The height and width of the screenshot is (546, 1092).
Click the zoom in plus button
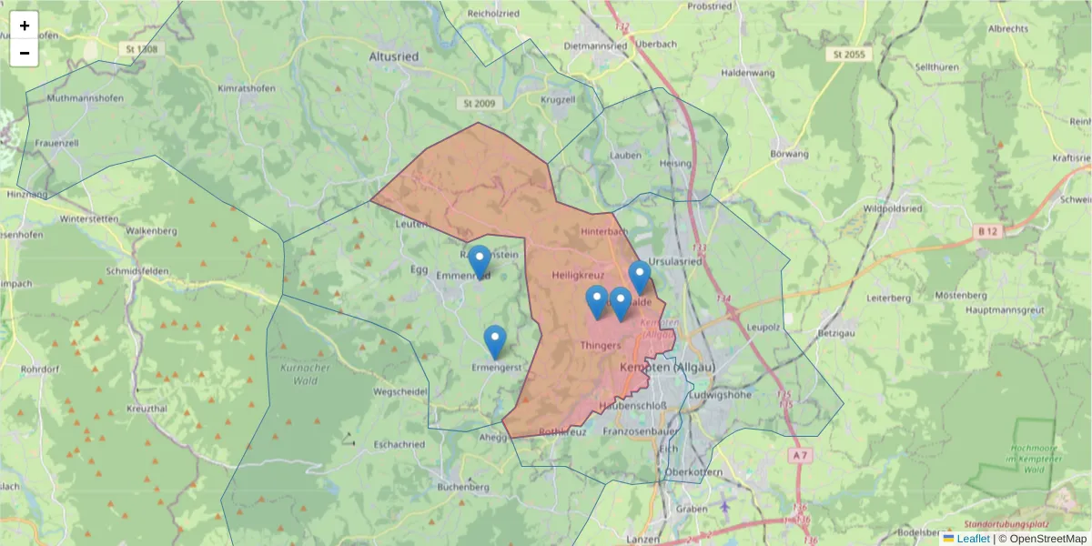pyautogui.click(x=25, y=25)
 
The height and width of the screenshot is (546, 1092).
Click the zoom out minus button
pyautogui.click(x=25, y=53)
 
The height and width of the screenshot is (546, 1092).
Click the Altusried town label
pyautogui.click(x=394, y=56)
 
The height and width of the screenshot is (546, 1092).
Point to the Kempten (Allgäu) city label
pyautogui.click(x=667, y=367)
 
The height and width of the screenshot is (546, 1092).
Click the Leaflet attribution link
pyautogui.click(x=973, y=539)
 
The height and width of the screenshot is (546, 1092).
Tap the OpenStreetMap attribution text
pyautogui.click(x=1042, y=539)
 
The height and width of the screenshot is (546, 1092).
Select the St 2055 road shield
pyautogui.click(x=848, y=55)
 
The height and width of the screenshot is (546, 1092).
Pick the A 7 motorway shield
pyautogui.click(x=799, y=454)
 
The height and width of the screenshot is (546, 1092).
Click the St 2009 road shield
pyautogui.click(x=478, y=104)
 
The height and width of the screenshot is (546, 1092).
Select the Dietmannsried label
pyautogui.click(x=596, y=45)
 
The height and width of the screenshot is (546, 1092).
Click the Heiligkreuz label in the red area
pyautogui.click(x=578, y=274)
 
